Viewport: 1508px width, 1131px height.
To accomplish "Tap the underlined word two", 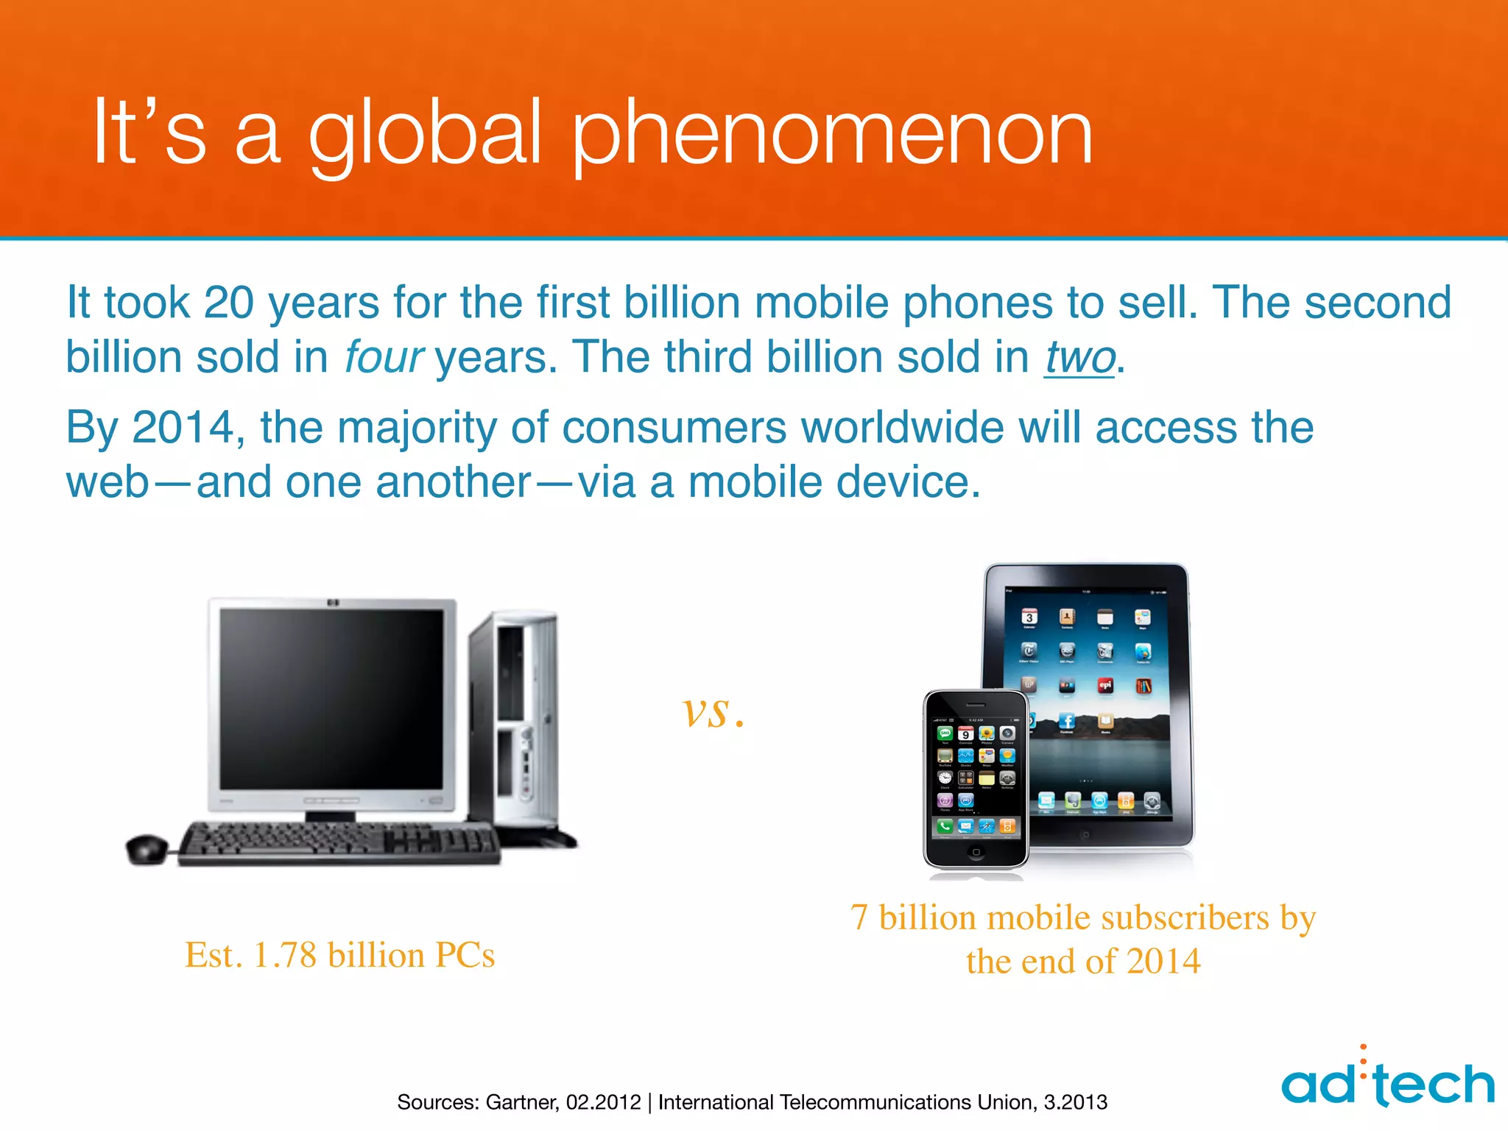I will (x=1079, y=358).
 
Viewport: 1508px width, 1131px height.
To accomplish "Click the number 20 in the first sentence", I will (x=228, y=303).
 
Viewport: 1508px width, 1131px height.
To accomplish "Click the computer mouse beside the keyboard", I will (x=147, y=848).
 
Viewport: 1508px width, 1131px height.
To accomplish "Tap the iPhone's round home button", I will (x=976, y=852).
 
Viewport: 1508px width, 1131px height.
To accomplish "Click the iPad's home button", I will (x=1084, y=835).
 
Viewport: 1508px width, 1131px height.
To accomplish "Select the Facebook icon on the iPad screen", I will (x=1066, y=721).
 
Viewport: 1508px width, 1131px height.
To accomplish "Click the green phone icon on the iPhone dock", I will (x=945, y=826).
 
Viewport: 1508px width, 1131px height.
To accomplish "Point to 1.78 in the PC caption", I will (x=284, y=955).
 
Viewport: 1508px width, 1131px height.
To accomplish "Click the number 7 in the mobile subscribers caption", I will (x=859, y=918).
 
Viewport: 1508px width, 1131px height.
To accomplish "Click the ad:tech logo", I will (x=1387, y=1082).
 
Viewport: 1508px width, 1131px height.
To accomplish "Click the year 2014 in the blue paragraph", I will (x=183, y=428).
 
